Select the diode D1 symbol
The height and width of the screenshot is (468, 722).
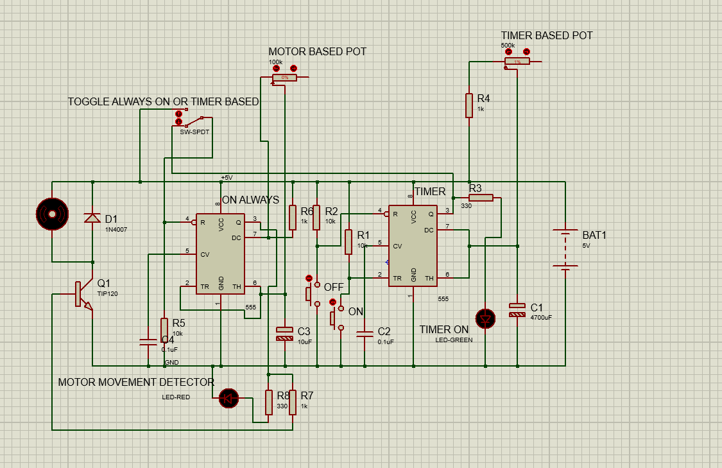92,218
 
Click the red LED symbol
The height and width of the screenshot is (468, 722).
228,398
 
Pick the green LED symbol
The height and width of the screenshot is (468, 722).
485,318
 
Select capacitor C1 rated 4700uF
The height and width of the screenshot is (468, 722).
517,309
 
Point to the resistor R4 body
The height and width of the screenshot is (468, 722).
470,105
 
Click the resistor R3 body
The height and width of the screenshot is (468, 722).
481,198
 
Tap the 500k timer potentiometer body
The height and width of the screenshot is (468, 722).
517,61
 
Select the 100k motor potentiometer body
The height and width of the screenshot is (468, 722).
285,77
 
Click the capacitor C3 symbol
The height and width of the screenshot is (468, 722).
284,333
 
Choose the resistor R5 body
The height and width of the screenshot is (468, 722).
165,329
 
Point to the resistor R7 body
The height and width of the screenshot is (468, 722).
293,403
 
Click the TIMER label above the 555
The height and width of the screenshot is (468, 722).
430,191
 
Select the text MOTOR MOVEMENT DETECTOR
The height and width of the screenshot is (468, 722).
136,382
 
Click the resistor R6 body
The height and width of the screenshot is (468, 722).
293,217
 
